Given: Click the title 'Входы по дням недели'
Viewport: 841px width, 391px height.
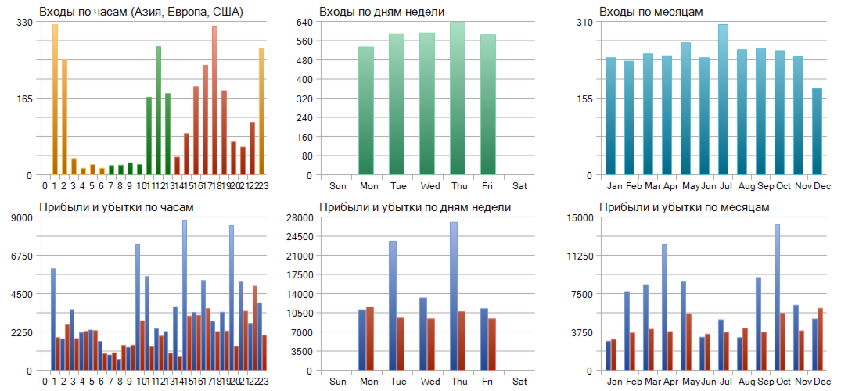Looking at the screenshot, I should (382, 12).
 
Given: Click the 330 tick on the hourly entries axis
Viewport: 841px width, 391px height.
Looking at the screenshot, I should (24, 22).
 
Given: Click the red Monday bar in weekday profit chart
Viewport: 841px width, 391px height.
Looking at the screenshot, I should (370, 338).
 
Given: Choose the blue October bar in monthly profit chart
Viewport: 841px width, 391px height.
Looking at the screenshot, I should (777, 297).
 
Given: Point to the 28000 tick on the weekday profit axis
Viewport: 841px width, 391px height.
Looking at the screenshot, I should (298, 217).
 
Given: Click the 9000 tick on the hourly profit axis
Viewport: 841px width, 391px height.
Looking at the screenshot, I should (21, 217).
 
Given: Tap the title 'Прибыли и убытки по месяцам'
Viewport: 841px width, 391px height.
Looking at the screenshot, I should (684, 207).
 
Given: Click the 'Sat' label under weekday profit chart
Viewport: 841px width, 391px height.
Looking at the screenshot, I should (519, 382).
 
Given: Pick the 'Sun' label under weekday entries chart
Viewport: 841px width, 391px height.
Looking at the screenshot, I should (338, 186).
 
